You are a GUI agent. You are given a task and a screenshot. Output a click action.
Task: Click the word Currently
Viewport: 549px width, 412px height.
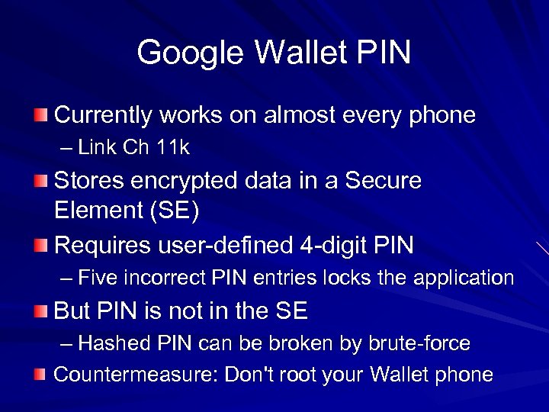(104, 116)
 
